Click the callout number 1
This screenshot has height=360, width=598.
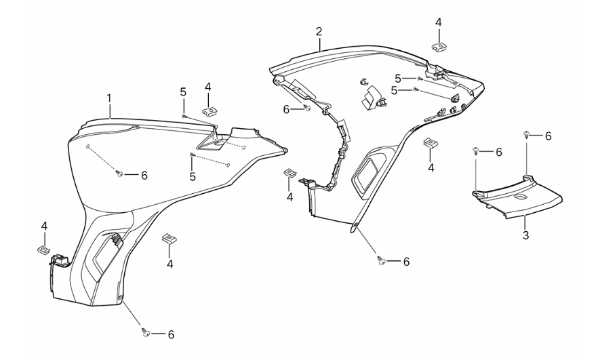point(109,98)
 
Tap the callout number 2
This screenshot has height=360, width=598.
point(319,32)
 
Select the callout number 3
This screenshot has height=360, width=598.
point(525,235)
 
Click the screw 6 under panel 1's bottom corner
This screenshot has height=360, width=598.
point(145,333)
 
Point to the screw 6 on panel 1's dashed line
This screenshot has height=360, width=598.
point(120,175)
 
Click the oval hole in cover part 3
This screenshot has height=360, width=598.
point(520,197)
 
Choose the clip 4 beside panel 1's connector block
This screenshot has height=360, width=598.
point(43,248)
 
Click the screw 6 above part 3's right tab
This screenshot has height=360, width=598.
point(527,136)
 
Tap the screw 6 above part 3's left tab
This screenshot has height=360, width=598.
point(477,152)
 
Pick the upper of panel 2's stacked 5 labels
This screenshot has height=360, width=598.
point(398,77)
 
